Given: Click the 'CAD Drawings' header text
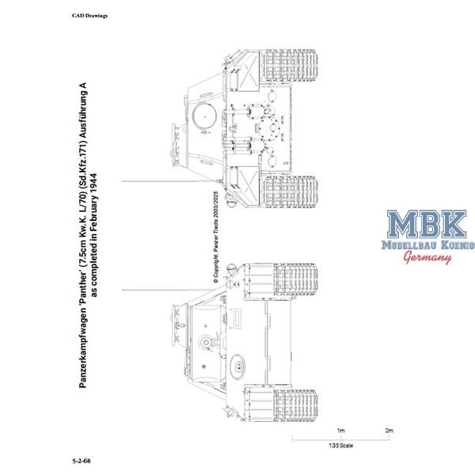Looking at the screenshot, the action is click(x=89, y=16).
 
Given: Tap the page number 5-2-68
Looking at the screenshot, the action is click(x=82, y=461).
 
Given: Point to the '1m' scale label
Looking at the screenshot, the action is click(x=340, y=431).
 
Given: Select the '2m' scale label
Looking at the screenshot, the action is click(x=389, y=431).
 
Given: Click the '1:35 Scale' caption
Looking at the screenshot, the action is click(x=340, y=446).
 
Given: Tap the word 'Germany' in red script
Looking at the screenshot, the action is click(x=427, y=257).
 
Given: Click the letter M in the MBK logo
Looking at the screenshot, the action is click(x=401, y=224).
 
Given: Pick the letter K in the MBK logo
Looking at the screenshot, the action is click(x=452, y=224).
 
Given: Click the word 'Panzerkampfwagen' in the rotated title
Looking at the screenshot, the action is click(x=82, y=348).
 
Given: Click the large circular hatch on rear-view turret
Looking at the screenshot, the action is click(x=204, y=116).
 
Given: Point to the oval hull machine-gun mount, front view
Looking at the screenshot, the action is click(x=237, y=366).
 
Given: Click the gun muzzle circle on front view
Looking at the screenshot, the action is click(x=206, y=342).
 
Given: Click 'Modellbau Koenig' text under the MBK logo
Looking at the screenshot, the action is click(x=428, y=245).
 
